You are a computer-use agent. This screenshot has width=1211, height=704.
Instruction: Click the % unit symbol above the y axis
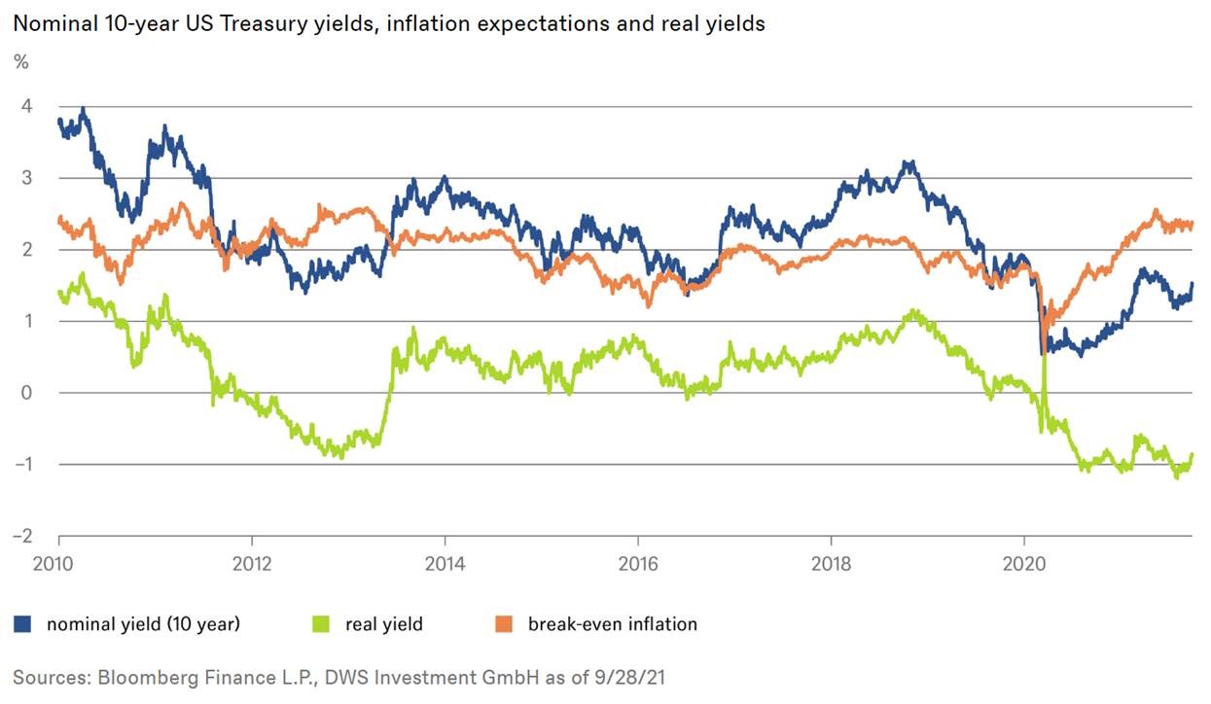coord(20,62)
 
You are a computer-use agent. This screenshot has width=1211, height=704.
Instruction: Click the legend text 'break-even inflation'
coord(612,624)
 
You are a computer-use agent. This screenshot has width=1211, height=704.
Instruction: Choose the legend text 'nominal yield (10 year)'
coord(143,624)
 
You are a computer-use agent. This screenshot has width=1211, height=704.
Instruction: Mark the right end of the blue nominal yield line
coord(1193,283)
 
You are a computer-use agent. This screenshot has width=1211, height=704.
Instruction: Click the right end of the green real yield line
coord(1193,454)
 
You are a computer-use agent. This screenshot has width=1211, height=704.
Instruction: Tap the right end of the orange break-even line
coord(1193,224)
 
